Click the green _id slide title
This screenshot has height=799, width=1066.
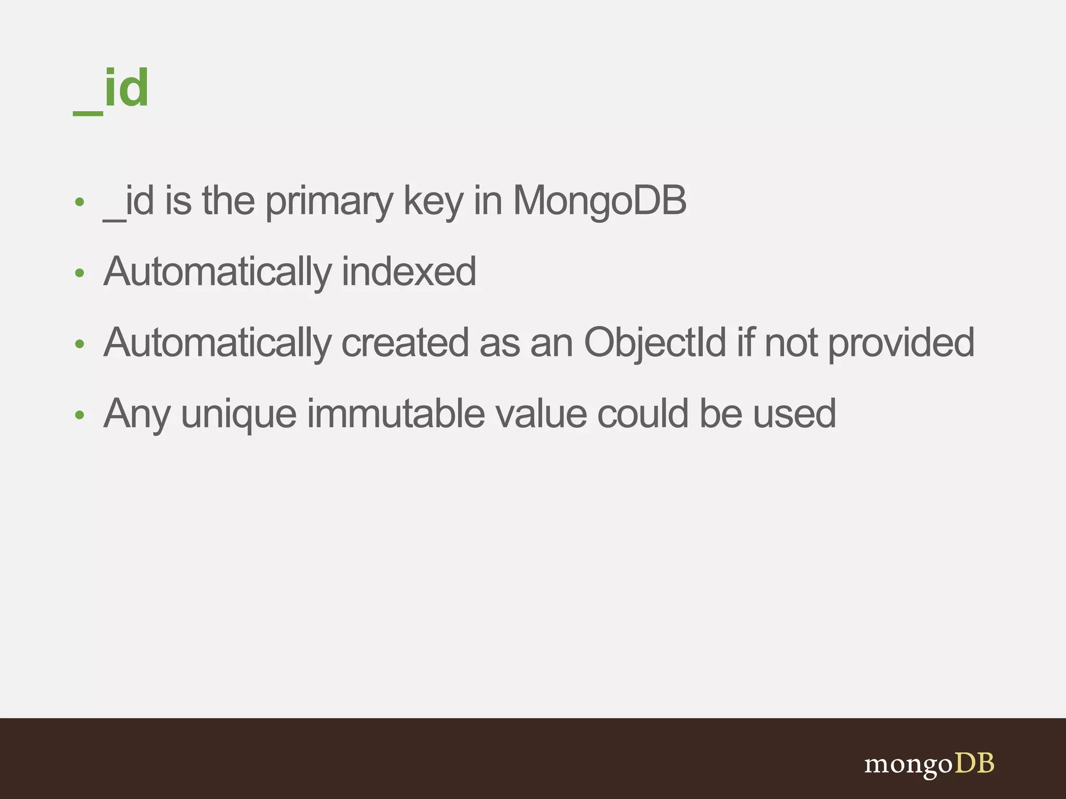click(x=111, y=89)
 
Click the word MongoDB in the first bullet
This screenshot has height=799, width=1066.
click(x=600, y=201)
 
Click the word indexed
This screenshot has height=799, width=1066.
click(x=409, y=272)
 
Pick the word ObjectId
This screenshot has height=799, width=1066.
click(x=655, y=343)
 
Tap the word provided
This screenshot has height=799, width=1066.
click(x=901, y=343)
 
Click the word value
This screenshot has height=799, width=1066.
click(x=540, y=414)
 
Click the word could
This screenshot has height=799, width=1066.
click(x=643, y=414)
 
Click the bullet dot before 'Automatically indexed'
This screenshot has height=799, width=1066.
click(x=80, y=273)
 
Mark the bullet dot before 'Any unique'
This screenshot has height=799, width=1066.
click(x=80, y=415)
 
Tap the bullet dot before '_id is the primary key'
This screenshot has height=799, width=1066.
click(x=80, y=202)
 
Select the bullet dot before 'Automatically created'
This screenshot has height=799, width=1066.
click(x=80, y=344)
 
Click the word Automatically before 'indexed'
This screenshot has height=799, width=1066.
click(x=218, y=273)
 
